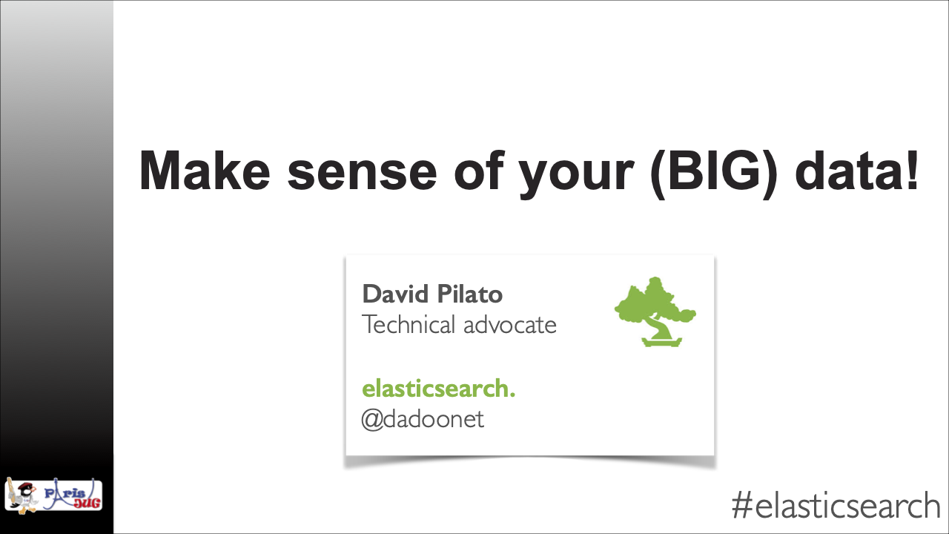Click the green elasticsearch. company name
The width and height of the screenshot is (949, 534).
(x=438, y=389)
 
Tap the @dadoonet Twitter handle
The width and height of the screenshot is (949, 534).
(x=422, y=420)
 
